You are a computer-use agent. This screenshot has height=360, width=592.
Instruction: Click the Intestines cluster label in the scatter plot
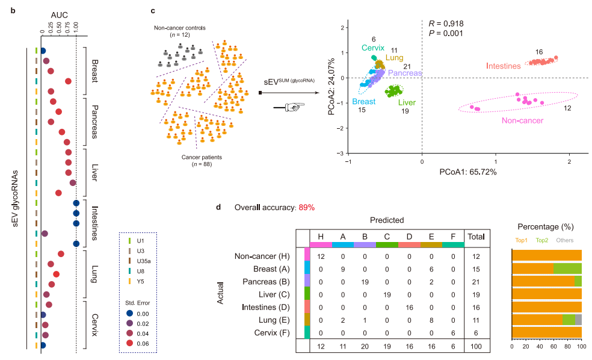(503, 66)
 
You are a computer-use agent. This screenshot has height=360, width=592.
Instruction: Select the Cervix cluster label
(373, 48)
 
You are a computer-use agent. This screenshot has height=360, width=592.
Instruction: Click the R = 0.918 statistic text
(446, 23)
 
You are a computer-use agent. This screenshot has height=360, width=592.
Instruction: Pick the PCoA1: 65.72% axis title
(466, 172)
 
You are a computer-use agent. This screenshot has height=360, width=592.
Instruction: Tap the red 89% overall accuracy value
(306, 208)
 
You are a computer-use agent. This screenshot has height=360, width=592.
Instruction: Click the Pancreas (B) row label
(268, 281)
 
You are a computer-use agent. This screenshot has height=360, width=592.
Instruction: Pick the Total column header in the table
(476, 237)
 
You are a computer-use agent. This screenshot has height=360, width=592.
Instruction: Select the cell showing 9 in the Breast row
(343, 269)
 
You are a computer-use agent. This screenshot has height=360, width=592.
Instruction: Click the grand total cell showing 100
(476, 347)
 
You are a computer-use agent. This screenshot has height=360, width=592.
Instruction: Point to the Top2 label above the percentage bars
(542, 240)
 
